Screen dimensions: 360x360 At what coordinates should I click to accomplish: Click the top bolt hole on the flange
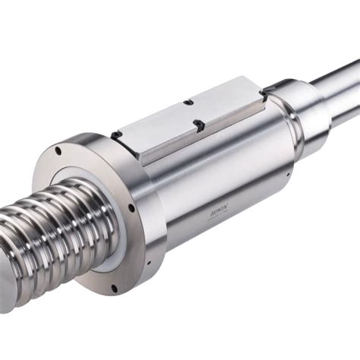[58, 151]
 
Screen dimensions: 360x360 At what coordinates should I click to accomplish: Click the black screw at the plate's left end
[115, 134]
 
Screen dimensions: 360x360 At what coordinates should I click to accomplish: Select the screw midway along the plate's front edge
[198, 124]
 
